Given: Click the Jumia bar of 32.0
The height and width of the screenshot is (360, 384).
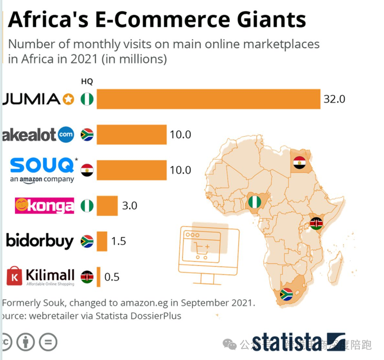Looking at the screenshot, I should (208, 99).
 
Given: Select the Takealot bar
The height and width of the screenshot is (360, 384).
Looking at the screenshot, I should (131, 134).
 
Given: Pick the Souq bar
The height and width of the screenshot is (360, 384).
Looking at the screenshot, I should (131, 170).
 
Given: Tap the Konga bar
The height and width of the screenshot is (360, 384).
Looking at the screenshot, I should (107, 206).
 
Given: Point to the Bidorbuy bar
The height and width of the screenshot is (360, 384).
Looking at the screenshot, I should (102, 241).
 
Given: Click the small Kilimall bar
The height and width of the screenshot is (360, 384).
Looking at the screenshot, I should (99, 277).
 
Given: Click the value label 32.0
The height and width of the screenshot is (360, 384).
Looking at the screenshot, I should (334, 99).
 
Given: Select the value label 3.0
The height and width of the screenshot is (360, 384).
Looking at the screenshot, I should (130, 206).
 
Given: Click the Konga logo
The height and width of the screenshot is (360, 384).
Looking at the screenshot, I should (45, 206).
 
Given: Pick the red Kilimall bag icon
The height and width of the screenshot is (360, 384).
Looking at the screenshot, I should (15, 276).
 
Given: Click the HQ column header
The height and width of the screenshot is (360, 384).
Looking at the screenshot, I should (87, 81).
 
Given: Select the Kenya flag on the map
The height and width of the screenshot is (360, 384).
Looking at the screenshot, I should (316, 223).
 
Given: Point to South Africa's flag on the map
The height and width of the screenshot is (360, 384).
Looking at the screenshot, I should (286, 294).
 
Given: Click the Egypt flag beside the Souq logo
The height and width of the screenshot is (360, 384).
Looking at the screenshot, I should (87, 169).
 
